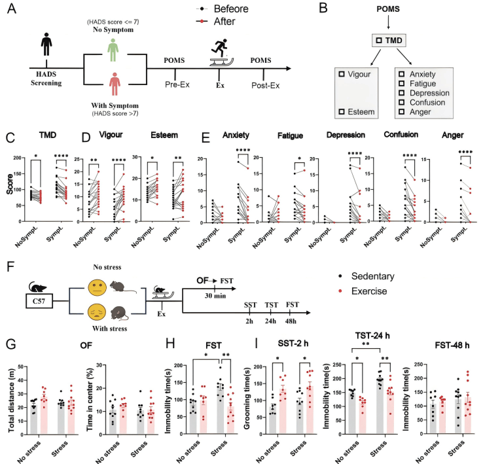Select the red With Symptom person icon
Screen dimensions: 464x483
coord(115,87)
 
